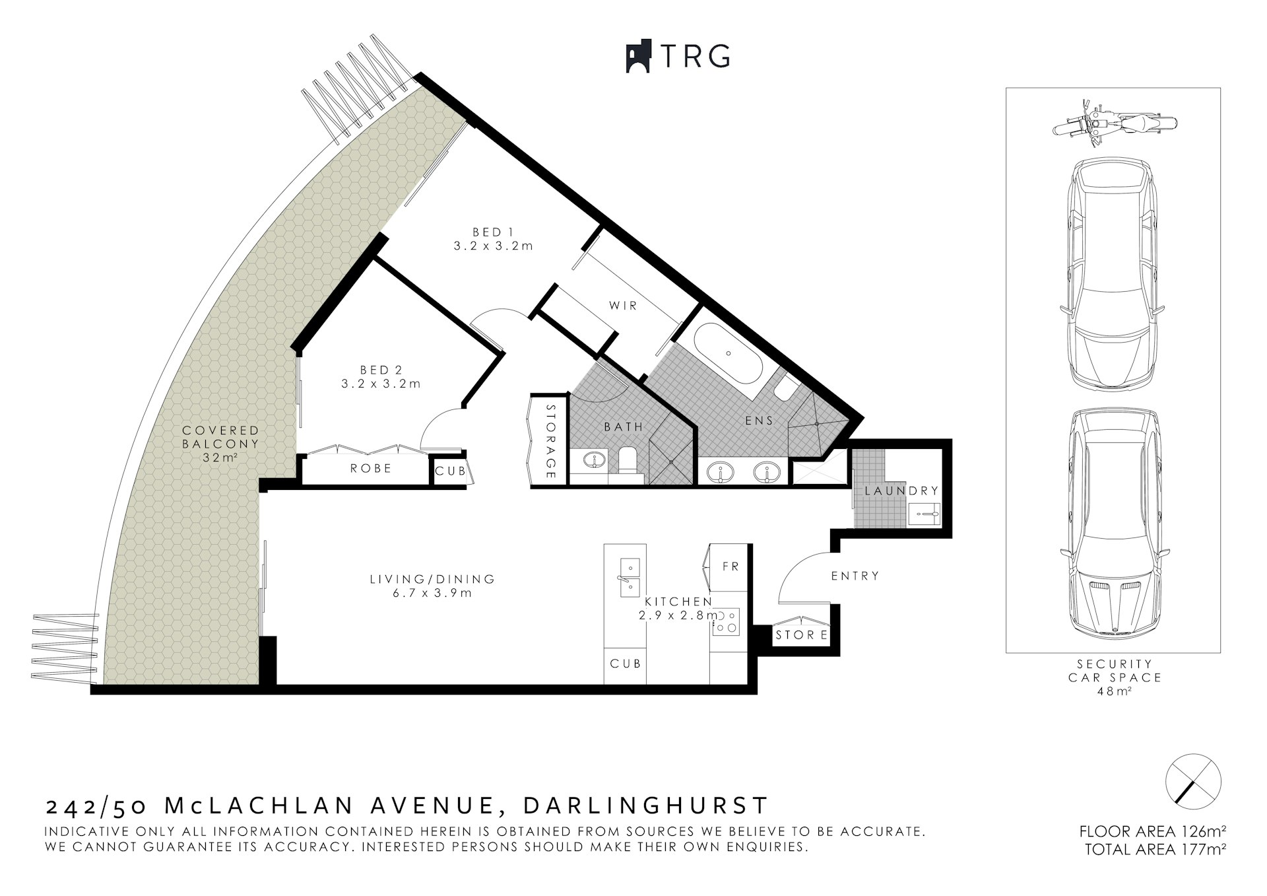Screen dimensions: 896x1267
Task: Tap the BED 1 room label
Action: pyautogui.click(x=492, y=239)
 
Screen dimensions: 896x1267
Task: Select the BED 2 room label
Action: pyautogui.click(x=381, y=376)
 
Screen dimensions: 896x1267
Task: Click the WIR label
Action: pyautogui.click(x=623, y=306)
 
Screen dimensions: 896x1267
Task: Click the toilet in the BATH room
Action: pyautogui.click(x=626, y=460)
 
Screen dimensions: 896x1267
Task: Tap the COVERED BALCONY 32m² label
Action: pyautogui.click(x=220, y=444)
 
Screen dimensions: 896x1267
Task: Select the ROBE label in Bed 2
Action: pyautogui.click(x=371, y=468)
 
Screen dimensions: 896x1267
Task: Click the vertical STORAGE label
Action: pyautogui.click(x=551, y=441)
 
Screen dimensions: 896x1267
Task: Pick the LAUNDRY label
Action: pyautogui.click(x=901, y=491)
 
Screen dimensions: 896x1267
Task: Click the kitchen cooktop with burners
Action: pyautogui.click(x=726, y=622)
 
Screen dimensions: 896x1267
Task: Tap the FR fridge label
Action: pyautogui.click(x=731, y=567)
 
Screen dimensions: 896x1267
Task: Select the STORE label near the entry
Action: pyautogui.click(x=801, y=635)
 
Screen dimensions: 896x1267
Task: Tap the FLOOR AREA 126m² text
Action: pyautogui.click(x=1152, y=831)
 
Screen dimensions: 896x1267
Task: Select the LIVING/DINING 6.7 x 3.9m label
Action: pyautogui.click(x=432, y=586)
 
